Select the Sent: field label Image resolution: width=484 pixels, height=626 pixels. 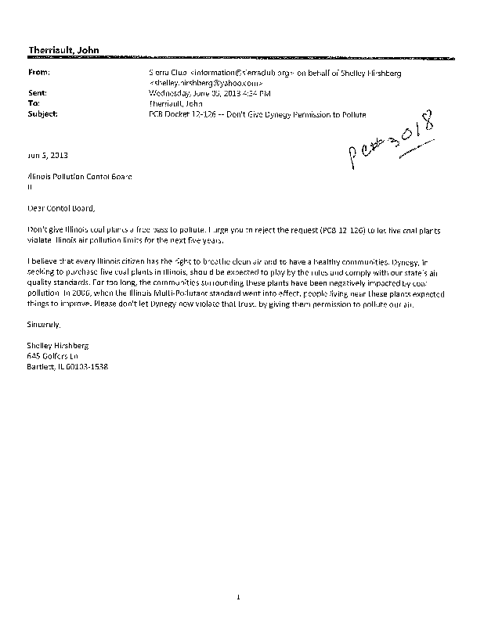click(x=37, y=92)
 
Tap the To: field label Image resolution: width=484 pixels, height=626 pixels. click(x=34, y=103)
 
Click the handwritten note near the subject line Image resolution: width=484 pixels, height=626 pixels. click(x=392, y=138)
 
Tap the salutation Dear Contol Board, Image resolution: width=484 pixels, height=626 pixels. click(x=60, y=208)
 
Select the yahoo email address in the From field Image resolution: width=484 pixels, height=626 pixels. click(x=206, y=81)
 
